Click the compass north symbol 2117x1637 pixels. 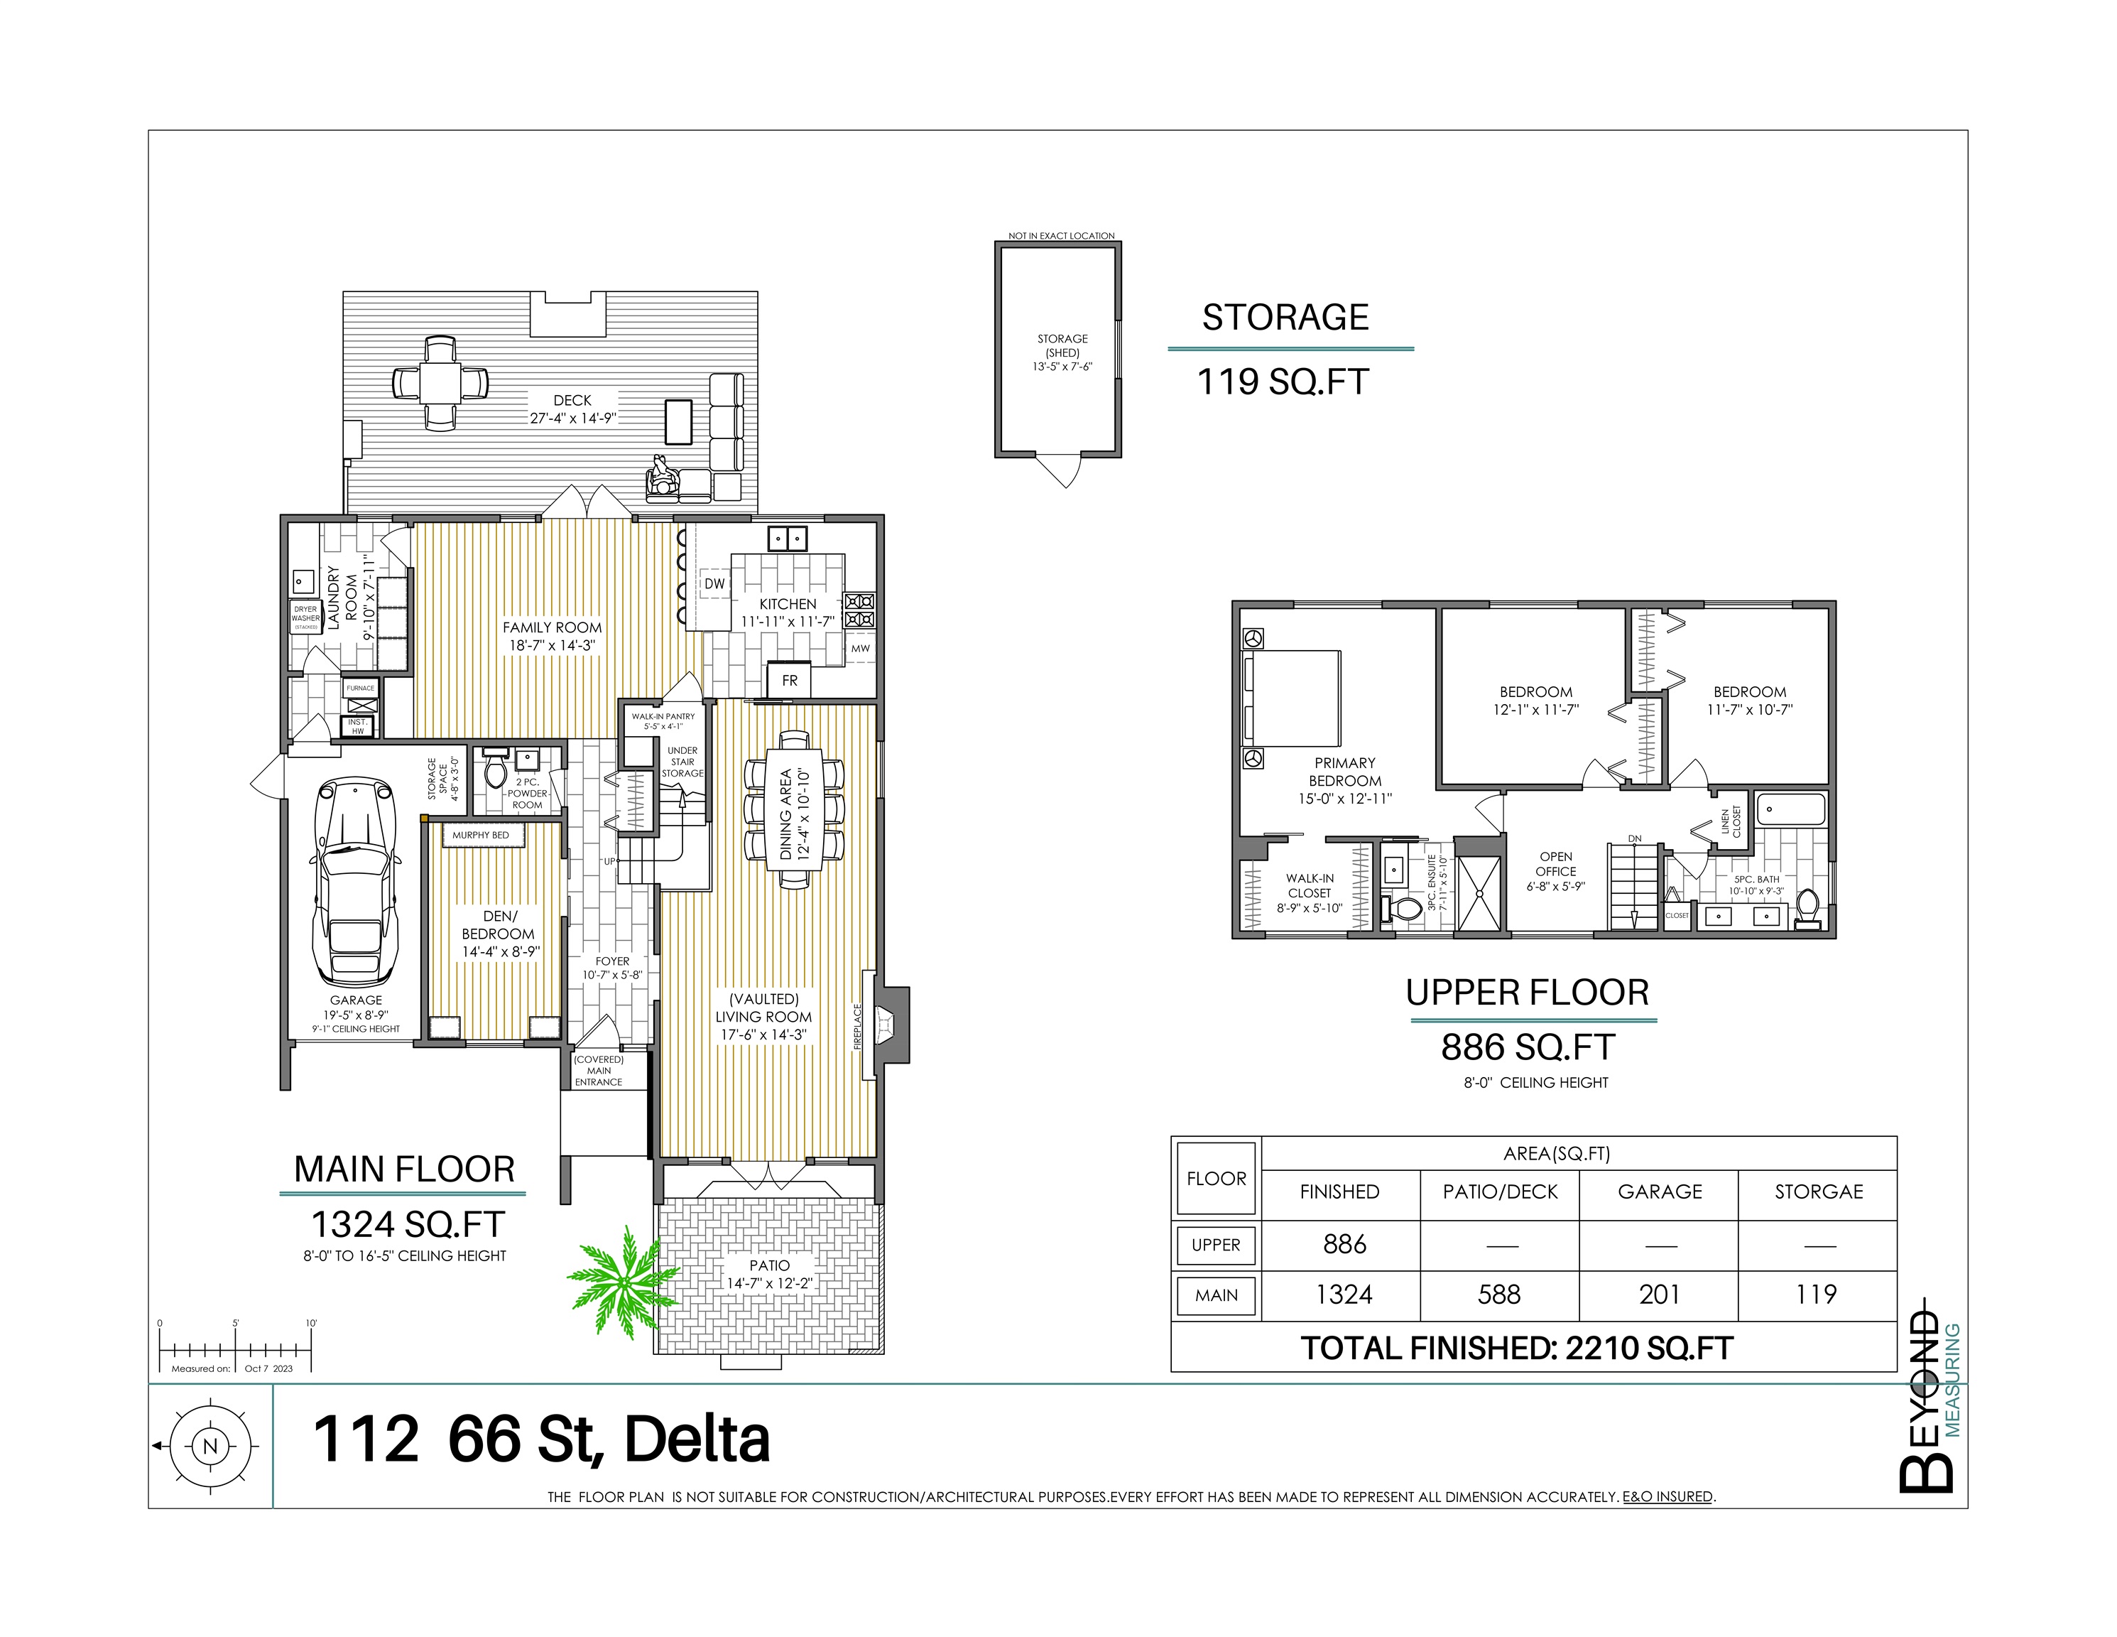209,1446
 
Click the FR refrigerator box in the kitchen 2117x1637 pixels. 789,680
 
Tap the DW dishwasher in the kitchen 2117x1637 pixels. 714,584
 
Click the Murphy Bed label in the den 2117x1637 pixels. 480,835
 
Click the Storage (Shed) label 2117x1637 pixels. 1062,345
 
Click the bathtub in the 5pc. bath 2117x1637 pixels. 1791,809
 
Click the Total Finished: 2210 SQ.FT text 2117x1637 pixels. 1516,1348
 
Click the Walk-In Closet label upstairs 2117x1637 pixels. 1310,893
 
